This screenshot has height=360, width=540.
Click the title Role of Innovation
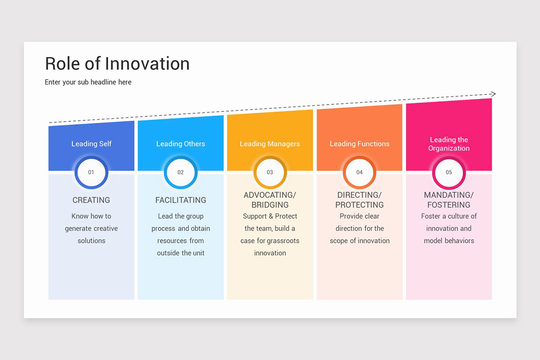pos(117,64)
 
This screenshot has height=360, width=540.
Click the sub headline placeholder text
pos(88,82)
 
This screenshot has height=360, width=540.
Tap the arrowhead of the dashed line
pos(493,94)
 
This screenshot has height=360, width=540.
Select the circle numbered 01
pos(91,172)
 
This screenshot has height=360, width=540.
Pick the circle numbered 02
pos(180,172)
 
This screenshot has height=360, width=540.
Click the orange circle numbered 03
pos(270,172)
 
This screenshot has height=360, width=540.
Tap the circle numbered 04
pos(360,172)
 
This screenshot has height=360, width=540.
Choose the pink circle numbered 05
pos(449,172)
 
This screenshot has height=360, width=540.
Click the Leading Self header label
pos(91,144)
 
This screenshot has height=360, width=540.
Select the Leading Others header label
pos(180,144)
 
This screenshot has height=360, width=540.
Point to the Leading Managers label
pos(270,144)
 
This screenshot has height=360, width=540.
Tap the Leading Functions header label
pos(360,144)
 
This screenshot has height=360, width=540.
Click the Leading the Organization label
pos(449,144)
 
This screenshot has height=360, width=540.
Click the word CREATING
pos(91,200)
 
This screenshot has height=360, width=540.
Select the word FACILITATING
pos(180,200)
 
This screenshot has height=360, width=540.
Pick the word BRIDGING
pos(270,205)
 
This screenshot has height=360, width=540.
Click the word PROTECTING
pos(360,205)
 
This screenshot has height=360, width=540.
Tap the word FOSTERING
pos(449,205)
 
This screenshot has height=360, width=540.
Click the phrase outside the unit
pos(180,253)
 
